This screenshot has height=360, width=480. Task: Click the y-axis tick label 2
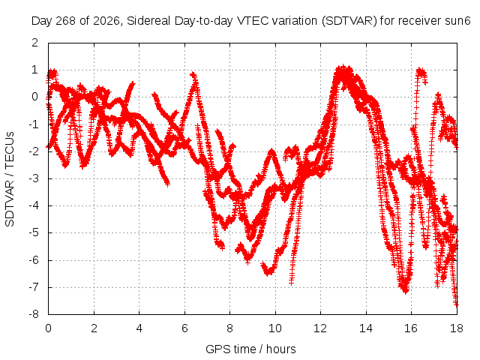(x=35, y=43)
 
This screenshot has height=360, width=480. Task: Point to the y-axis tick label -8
(x=34, y=314)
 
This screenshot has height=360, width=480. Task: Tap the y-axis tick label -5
(x=34, y=232)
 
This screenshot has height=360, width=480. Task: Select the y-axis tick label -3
(x=34, y=178)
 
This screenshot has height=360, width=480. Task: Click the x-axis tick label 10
(x=275, y=328)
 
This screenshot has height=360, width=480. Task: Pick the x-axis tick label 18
(x=457, y=328)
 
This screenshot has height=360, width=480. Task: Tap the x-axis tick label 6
(x=184, y=328)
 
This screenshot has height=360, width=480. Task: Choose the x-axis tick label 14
(x=366, y=328)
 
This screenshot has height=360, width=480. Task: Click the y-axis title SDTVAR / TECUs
(x=10, y=179)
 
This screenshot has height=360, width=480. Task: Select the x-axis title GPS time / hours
(x=250, y=349)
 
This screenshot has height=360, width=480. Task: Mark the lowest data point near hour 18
(x=456, y=304)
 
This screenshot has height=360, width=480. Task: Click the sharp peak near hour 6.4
(x=193, y=73)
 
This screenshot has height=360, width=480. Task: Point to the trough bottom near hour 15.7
(x=405, y=291)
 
